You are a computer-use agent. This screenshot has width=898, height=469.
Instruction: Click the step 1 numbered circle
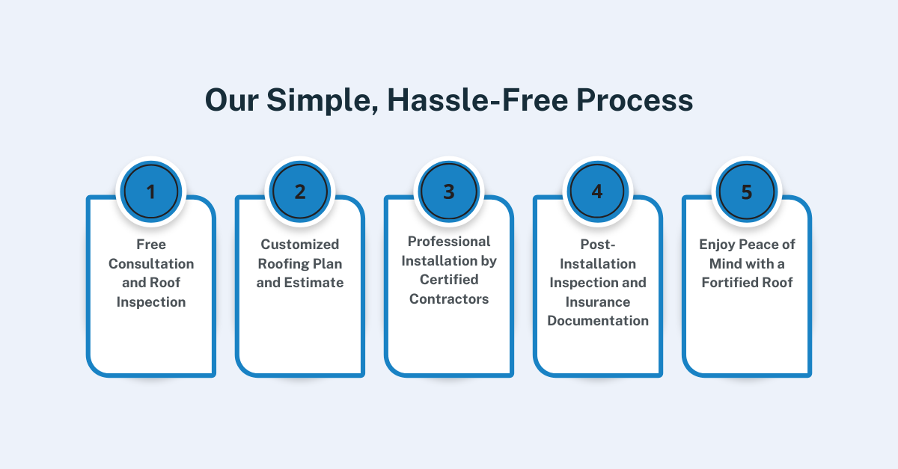pyautogui.click(x=151, y=191)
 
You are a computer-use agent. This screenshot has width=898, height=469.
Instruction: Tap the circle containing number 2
pyautogui.click(x=300, y=191)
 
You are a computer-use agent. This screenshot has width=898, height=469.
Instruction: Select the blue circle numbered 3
pyautogui.click(x=449, y=191)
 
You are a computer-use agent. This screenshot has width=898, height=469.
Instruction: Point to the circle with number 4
pyautogui.click(x=598, y=191)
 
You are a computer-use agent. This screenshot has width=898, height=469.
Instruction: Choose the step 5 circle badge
pyautogui.click(x=747, y=191)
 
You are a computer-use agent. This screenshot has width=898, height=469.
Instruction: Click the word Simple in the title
pyautogui.click(x=323, y=101)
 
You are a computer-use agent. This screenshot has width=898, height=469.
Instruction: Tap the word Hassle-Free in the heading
pyautogui.click(x=477, y=99)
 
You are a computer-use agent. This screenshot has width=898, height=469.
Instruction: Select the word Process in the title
pyautogui.click(x=635, y=99)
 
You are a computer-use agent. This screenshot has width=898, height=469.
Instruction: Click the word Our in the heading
pyautogui.click(x=232, y=100)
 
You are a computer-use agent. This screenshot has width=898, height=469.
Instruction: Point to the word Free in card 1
pyautogui.click(x=151, y=244)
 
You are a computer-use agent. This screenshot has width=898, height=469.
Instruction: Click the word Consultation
pyautogui.click(x=151, y=264)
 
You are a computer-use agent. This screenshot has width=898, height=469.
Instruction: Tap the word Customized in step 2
pyautogui.click(x=300, y=244)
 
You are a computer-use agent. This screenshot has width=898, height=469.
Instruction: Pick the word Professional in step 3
pyautogui.click(x=449, y=242)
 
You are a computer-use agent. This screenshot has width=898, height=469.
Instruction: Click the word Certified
pyautogui.click(x=449, y=280)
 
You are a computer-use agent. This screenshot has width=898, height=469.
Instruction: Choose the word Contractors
pyautogui.click(x=449, y=299)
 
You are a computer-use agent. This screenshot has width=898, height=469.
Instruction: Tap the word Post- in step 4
pyautogui.click(x=598, y=244)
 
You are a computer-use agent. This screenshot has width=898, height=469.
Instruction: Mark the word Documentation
pyautogui.click(x=598, y=321)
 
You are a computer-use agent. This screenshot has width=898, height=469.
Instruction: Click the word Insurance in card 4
pyautogui.click(x=598, y=302)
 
